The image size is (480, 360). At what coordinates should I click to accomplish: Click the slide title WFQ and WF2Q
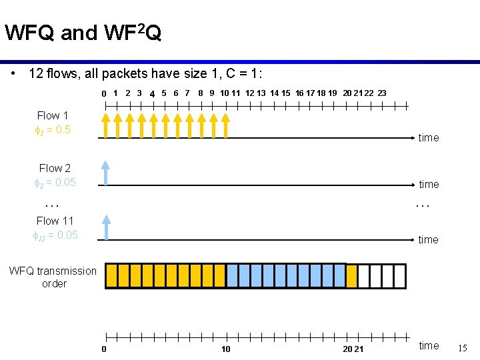(x=83, y=33)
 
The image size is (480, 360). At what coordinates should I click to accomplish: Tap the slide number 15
(x=463, y=347)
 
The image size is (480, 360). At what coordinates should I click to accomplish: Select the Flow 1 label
(x=53, y=115)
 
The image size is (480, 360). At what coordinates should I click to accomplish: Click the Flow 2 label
(x=55, y=168)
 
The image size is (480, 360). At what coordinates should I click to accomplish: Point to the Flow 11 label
(x=55, y=221)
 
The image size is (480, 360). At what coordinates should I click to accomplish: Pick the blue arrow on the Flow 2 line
(x=106, y=171)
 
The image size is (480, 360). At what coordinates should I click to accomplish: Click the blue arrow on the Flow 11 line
(x=106, y=227)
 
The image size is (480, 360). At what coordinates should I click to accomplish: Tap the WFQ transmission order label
(x=53, y=277)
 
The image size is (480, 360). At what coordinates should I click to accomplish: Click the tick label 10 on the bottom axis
(x=226, y=349)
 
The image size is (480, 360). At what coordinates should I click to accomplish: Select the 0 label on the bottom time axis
(x=104, y=349)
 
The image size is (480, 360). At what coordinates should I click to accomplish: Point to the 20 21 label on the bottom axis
(x=353, y=349)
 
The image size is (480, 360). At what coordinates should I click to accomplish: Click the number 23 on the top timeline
(x=382, y=93)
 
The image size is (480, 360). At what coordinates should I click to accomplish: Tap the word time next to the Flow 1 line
(x=429, y=138)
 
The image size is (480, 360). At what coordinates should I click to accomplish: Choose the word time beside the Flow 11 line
(x=429, y=239)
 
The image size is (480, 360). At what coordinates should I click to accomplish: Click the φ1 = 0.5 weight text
(x=52, y=129)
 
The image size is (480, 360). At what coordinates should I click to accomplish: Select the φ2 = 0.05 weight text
(x=55, y=182)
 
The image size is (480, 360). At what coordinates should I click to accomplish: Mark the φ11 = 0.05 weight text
(x=55, y=235)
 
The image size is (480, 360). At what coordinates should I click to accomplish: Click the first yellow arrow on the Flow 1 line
(x=106, y=125)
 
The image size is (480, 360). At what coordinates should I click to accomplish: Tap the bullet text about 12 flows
(x=141, y=73)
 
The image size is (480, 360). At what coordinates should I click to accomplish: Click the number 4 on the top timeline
(x=152, y=94)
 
